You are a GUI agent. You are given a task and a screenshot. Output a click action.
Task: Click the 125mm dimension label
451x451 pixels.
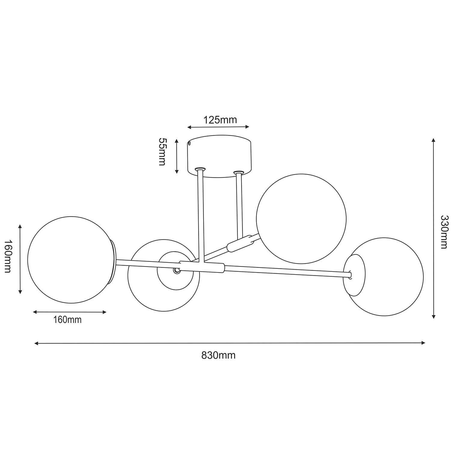point(220,120)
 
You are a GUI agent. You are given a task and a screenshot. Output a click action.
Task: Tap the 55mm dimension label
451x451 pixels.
point(162,152)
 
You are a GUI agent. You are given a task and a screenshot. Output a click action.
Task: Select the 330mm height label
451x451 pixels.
point(444,232)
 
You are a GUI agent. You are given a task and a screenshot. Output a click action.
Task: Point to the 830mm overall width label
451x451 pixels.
point(219,355)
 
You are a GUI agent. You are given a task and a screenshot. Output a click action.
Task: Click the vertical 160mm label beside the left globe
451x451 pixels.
point(8,256)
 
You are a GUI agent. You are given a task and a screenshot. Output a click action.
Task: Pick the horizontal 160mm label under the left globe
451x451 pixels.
point(67,320)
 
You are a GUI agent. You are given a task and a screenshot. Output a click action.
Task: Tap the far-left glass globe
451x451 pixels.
point(71,260)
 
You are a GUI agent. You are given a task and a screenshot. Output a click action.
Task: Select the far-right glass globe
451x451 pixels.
point(384,277)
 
